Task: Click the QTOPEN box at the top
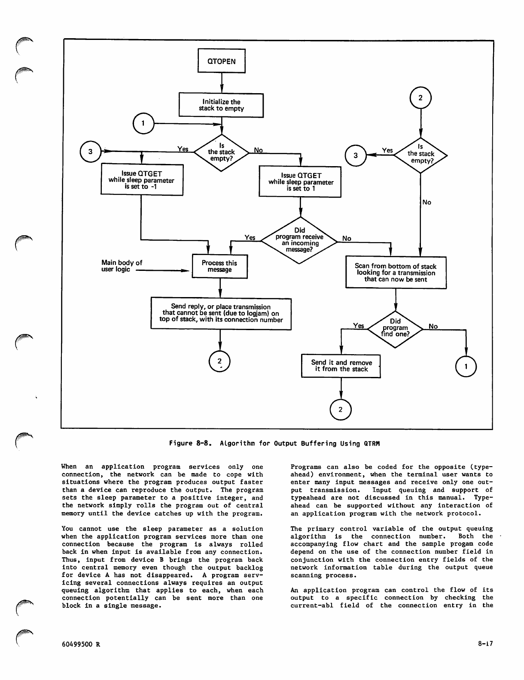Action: [222, 61]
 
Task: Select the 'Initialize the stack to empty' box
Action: [221, 105]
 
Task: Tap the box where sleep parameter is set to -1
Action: [142, 180]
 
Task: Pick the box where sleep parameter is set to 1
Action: [300, 182]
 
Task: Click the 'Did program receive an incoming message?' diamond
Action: [300, 240]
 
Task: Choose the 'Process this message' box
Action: [219, 266]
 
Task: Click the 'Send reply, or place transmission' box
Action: [221, 313]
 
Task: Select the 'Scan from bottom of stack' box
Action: [396, 273]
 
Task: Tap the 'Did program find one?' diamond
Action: [395, 328]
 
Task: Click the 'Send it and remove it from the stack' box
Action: [341, 366]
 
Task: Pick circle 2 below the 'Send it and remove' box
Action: [341, 410]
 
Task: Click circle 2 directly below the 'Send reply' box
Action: [219, 362]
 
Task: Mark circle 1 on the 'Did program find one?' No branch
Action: [466, 367]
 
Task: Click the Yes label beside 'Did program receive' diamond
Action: [250, 237]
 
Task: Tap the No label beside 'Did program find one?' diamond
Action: [433, 326]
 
